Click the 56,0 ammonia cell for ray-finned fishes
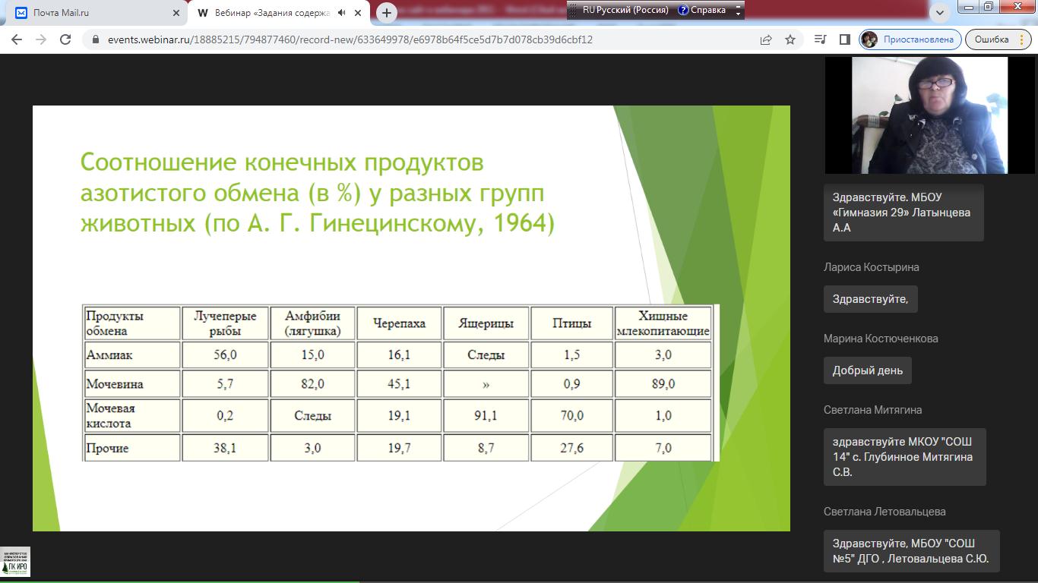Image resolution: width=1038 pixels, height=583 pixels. click(x=225, y=355)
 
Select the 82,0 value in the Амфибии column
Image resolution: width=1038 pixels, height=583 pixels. click(x=312, y=384)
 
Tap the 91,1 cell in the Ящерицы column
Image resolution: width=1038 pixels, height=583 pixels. click(x=485, y=415)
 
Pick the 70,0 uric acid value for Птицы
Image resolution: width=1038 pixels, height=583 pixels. click(x=571, y=415)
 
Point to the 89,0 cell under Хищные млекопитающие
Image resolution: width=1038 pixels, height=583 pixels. click(x=663, y=384)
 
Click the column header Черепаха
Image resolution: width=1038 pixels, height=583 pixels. click(x=399, y=323)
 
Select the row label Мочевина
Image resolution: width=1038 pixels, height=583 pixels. click(x=115, y=384)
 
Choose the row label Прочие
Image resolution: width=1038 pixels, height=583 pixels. click(x=107, y=448)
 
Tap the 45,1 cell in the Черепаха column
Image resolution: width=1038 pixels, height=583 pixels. click(x=398, y=384)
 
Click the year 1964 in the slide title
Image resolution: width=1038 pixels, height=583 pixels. click(x=520, y=222)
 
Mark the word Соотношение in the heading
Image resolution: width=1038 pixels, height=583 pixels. click(x=159, y=162)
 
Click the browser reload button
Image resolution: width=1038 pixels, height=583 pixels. click(x=65, y=39)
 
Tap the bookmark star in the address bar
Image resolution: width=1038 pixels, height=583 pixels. click(x=790, y=39)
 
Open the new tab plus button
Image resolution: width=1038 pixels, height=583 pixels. click(x=387, y=13)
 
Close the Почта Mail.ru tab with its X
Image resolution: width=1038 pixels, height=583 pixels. click(x=176, y=13)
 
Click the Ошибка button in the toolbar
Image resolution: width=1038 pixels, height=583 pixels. click(x=991, y=39)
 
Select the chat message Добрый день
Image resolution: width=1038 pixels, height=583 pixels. click(x=868, y=370)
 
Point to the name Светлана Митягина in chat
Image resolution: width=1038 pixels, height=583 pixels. click(x=872, y=410)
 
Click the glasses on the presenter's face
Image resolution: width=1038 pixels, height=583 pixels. click(x=937, y=84)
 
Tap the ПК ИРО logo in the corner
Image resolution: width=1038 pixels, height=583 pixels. click(x=15, y=562)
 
